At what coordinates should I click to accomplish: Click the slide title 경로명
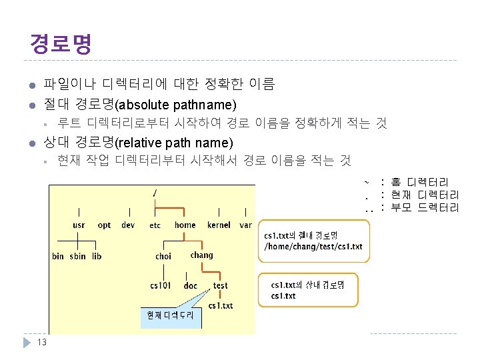[60, 43]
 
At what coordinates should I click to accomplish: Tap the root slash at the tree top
[155, 193]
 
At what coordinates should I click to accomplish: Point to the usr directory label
[79, 225]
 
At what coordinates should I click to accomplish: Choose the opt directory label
[104, 225]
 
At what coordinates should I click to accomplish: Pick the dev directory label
[128, 225]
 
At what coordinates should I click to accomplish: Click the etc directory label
[155, 225]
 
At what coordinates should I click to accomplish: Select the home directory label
[185, 225]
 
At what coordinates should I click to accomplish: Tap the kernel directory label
[219, 225]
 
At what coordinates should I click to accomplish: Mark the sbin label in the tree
[77, 256]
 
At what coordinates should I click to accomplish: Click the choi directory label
[163, 256]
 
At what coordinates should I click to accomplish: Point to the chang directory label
[201, 255]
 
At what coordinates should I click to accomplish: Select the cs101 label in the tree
[160, 285]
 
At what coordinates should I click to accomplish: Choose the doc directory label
[190, 285]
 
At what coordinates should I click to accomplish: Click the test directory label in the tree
[220, 285]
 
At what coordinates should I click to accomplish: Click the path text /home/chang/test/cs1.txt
[313, 247]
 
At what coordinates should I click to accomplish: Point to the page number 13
[41, 343]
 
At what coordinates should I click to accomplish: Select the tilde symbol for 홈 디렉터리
[366, 182]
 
